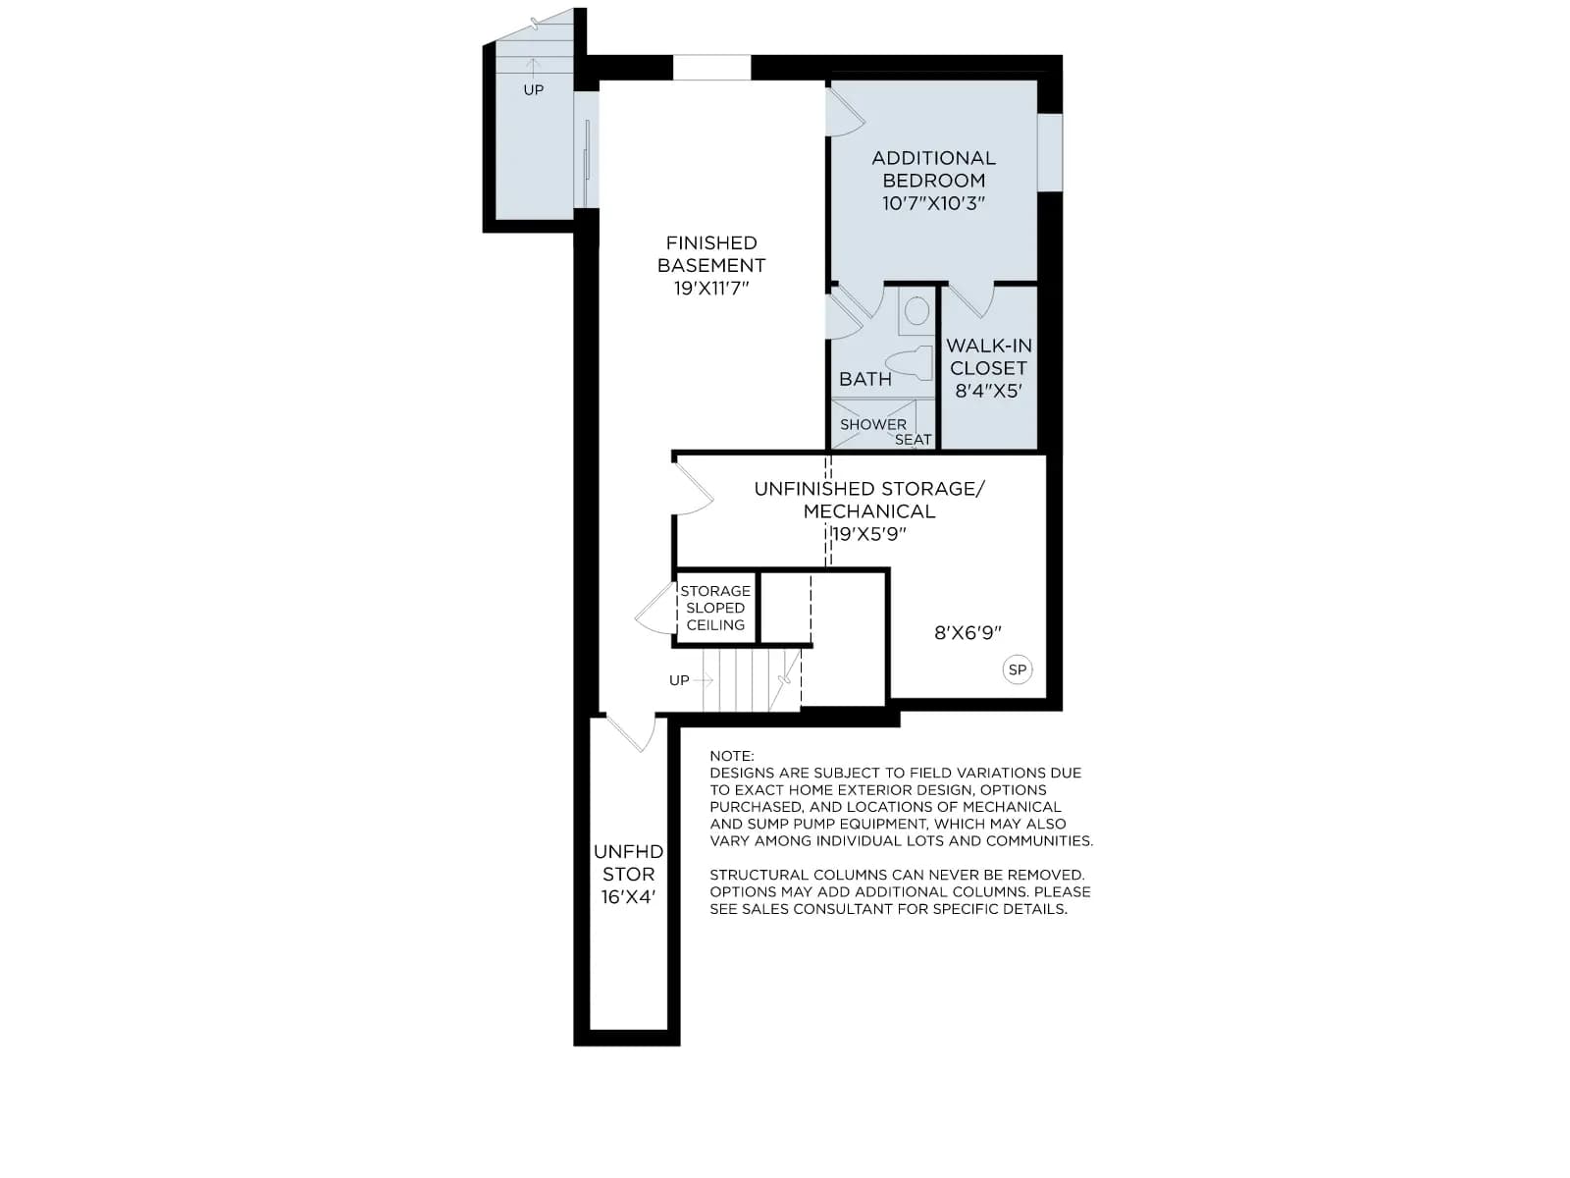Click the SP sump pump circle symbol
click(1017, 670)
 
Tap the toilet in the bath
click(909, 363)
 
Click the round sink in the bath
click(916, 311)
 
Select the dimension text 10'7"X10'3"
click(933, 203)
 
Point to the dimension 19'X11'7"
click(711, 289)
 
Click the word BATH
click(864, 379)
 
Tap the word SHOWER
click(872, 424)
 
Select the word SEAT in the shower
click(914, 440)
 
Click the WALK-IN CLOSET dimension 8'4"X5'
click(988, 391)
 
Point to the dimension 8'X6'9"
click(968, 632)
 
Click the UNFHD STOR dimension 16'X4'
click(628, 897)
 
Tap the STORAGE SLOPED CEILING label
click(715, 608)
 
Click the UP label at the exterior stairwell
click(534, 90)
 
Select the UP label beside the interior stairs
click(679, 680)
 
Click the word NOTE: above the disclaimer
click(732, 756)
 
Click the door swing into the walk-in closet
click(970, 301)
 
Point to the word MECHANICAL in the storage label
click(869, 511)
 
